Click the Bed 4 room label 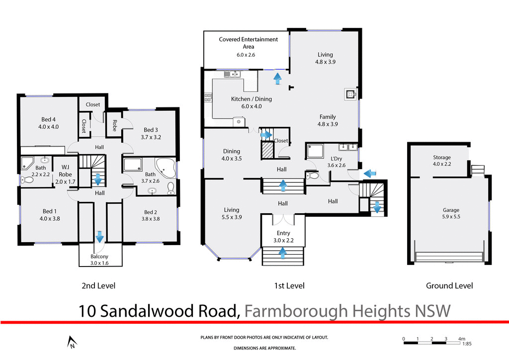(x=48, y=119)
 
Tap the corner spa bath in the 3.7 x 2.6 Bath (x=165, y=168)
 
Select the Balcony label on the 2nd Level (x=99, y=257)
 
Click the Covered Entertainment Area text (x=248, y=43)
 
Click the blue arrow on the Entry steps (x=283, y=254)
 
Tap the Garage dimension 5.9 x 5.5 (x=451, y=217)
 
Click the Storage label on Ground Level (x=441, y=158)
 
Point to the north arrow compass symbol (x=72, y=342)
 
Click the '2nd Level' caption (x=98, y=285)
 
